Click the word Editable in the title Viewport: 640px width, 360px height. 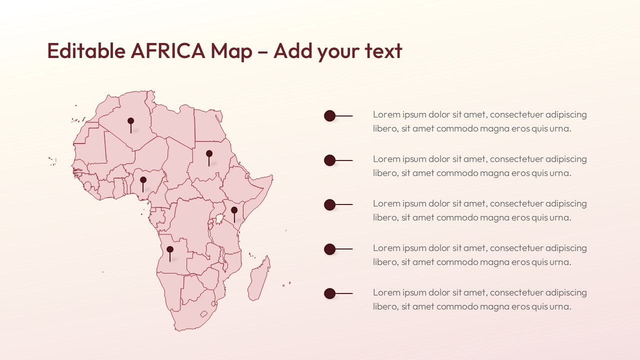pyautogui.click(x=86, y=51)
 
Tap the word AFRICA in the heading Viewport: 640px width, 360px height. pyautogui.click(x=167, y=51)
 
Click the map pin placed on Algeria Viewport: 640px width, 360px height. pyautogui.click(x=131, y=121)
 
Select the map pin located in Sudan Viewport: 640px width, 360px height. pyautogui.click(x=209, y=153)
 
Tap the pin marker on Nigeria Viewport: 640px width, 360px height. pyautogui.click(x=143, y=180)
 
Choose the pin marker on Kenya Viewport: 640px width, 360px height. pyautogui.click(x=234, y=210)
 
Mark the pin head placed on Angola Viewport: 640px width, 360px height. pyautogui.click(x=170, y=249)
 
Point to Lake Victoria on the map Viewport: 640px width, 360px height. pyautogui.click(x=219, y=219)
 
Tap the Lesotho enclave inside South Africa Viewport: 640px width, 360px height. pyautogui.click(x=203, y=314)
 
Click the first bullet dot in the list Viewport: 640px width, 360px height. pyautogui.click(x=329, y=116)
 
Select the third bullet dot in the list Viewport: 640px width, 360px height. pyautogui.click(x=329, y=204)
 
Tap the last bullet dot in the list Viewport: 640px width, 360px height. pyautogui.click(x=329, y=293)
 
